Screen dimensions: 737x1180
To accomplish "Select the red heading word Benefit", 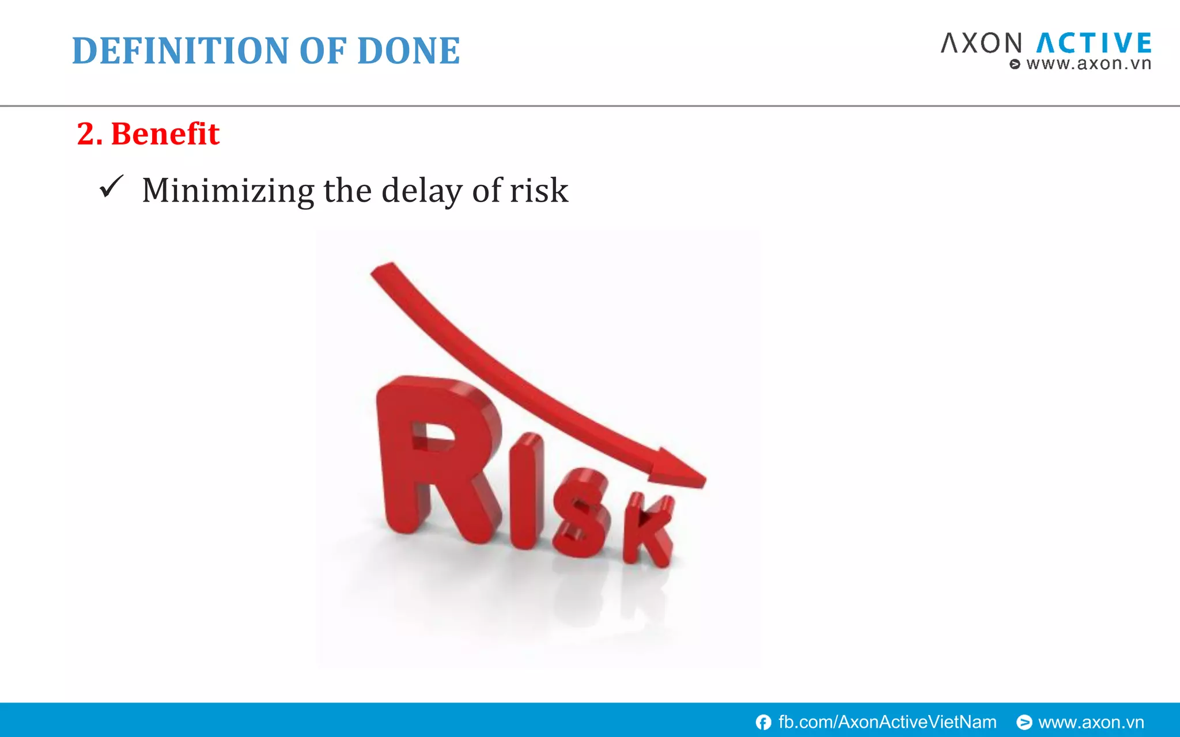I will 165,134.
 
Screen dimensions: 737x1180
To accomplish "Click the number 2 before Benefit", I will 86,134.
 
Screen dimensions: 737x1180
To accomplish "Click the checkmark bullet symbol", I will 111,187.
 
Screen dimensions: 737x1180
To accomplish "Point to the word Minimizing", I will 228,191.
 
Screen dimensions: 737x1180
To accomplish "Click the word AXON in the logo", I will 981,44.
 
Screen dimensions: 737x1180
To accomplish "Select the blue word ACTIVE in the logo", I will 1094,44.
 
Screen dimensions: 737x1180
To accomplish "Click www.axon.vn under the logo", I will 1088,64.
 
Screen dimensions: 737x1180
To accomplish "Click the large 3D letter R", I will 432,455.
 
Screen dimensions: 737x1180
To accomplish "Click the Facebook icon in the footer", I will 763,722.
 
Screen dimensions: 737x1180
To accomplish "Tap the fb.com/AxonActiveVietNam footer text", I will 887,722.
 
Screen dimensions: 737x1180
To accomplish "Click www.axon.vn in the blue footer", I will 1091,722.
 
